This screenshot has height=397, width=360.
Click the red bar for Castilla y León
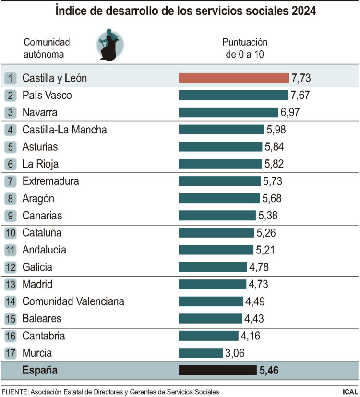[x=234, y=78]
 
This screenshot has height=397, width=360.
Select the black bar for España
[x=217, y=370]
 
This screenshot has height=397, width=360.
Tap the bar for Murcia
[x=201, y=353]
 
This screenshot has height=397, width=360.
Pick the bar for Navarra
[x=228, y=112]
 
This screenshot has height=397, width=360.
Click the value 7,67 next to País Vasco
[x=300, y=95]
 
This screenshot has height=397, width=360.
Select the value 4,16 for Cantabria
[x=250, y=336]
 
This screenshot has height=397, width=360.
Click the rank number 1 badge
[x=12, y=78]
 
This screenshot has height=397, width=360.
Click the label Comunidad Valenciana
[x=73, y=301]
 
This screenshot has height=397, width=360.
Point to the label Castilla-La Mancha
[x=64, y=130]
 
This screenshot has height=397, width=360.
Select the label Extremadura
[x=50, y=181]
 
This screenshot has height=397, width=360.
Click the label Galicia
[x=37, y=267]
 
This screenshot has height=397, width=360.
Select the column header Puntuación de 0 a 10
[x=245, y=48]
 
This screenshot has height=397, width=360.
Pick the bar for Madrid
[x=213, y=284]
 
